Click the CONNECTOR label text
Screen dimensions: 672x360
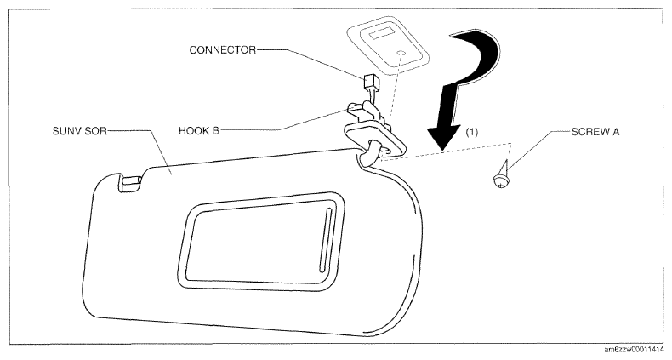click(222, 50)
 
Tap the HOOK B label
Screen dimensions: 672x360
click(199, 130)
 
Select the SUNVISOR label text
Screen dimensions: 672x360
click(80, 131)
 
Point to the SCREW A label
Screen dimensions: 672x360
click(595, 132)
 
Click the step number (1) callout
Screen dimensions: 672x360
click(471, 132)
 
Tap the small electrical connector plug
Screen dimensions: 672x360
click(369, 82)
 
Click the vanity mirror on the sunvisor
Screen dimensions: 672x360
click(260, 243)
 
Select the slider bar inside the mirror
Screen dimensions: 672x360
click(325, 239)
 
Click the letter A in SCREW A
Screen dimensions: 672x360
click(616, 132)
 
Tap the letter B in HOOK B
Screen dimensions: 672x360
click(215, 130)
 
